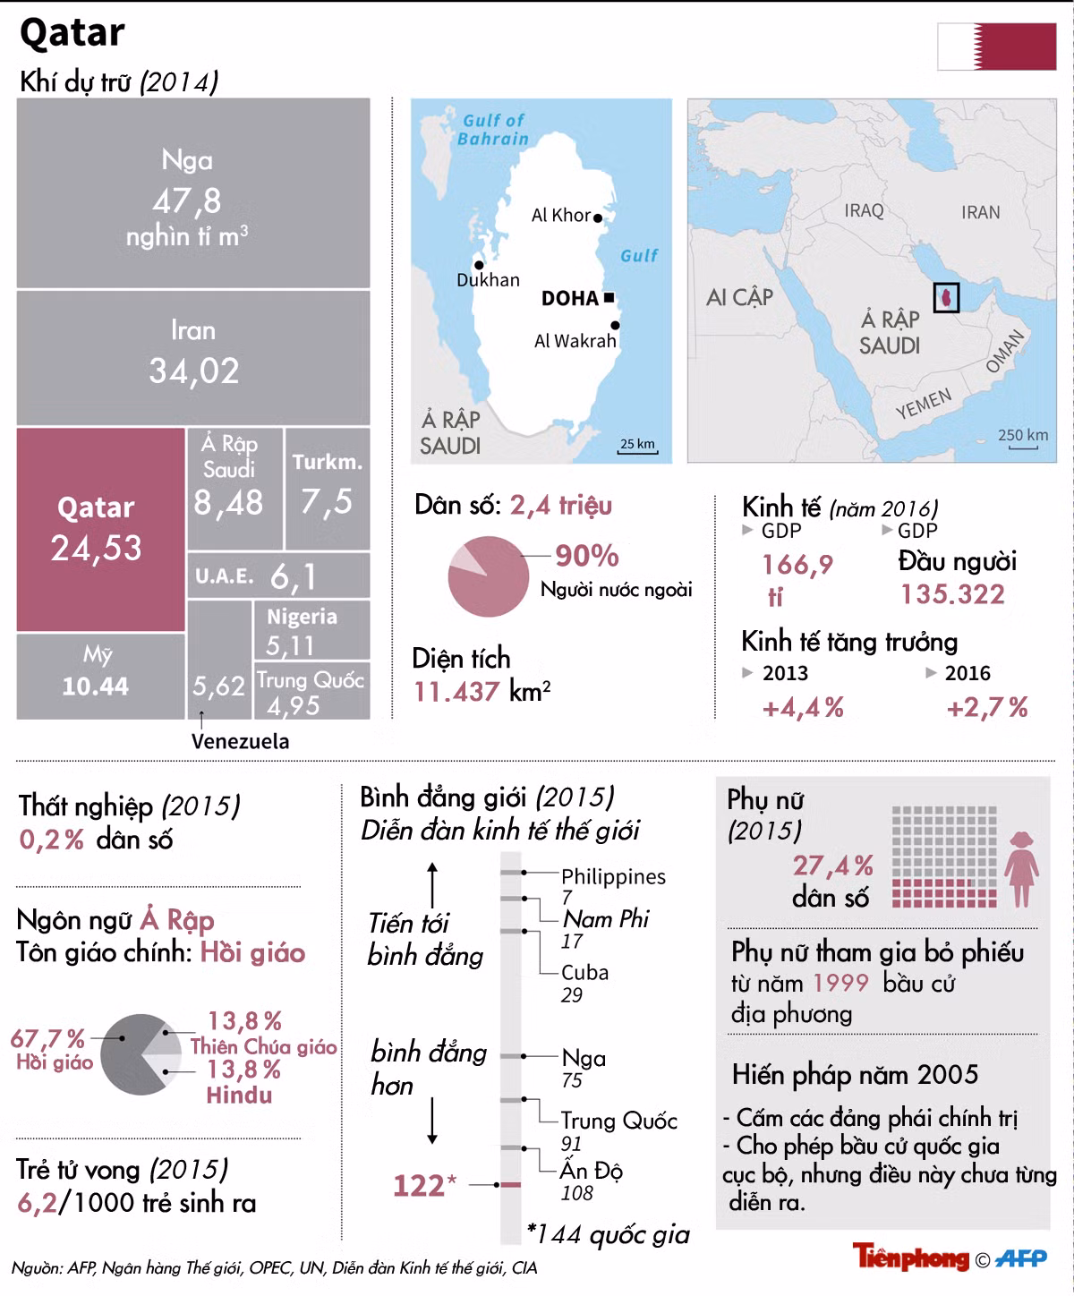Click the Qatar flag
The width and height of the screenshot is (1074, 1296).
pos(996,47)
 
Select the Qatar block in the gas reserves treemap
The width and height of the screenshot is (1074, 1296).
pos(100,530)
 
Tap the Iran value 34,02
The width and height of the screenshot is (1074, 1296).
pos(193,371)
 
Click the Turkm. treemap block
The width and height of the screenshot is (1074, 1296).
pos(328,489)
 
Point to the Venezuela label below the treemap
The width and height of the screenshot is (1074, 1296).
pos(240,741)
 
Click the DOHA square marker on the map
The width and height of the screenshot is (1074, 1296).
pos(609,297)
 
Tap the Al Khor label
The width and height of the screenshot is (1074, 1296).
pos(560,216)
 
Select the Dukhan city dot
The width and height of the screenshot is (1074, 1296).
pos(479,265)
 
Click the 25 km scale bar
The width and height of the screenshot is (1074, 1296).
pos(637,451)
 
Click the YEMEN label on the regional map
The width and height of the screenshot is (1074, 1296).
pos(923,404)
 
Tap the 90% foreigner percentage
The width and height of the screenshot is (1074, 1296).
pos(586,556)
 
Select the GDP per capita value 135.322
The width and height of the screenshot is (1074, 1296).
pos(952,594)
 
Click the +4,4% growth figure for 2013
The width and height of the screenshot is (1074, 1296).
pos(803,708)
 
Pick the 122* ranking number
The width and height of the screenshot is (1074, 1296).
pos(424,1186)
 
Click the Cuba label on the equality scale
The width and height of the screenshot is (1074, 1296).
pos(584,973)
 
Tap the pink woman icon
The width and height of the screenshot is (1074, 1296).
pos(1022,869)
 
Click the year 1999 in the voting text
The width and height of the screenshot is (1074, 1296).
pos(840,984)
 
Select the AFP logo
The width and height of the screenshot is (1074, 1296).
pos(1021,1258)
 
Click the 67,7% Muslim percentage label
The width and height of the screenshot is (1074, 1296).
pos(47,1038)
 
